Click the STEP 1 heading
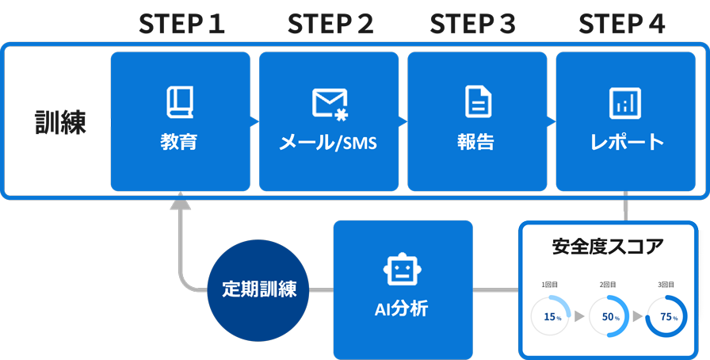(x=181, y=25)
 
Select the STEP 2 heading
(x=330, y=25)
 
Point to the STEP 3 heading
(x=472, y=25)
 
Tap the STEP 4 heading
(x=621, y=25)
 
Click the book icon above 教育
(x=180, y=102)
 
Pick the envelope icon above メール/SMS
(x=330, y=104)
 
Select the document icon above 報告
(x=477, y=102)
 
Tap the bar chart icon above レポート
(x=625, y=103)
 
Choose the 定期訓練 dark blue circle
(x=258, y=289)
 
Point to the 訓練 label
(x=60, y=123)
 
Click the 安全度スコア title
(x=608, y=247)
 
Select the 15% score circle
(x=551, y=316)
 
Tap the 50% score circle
(x=609, y=316)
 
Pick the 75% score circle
(x=667, y=316)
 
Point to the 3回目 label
(x=666, y=285)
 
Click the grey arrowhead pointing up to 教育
(x=181, y=203)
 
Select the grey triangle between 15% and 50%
(x=579, y=316)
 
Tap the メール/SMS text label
(x=328, y=143)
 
